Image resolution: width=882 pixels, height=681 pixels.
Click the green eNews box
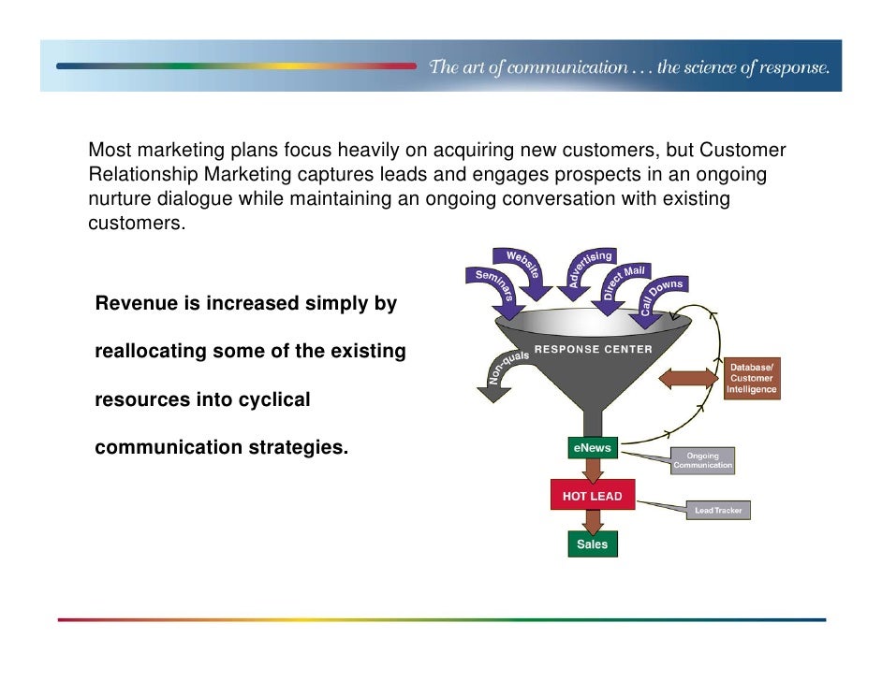(x=592, y=448)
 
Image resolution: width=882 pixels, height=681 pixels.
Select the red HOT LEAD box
(x=592, y=496)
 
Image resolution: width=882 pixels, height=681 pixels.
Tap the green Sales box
(x=592, y=544)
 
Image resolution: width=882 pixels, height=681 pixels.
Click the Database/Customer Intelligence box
(x=751, y=378)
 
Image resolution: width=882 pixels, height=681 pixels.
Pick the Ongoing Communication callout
(x=703, y=461)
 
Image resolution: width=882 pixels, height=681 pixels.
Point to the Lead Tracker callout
(x=718, y=511)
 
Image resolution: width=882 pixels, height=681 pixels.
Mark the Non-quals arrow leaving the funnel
(x=501, y=374)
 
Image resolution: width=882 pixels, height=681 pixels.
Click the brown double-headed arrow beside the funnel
(x=688, y=378)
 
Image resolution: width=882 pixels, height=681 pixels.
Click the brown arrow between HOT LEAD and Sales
(x=592, y=520)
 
